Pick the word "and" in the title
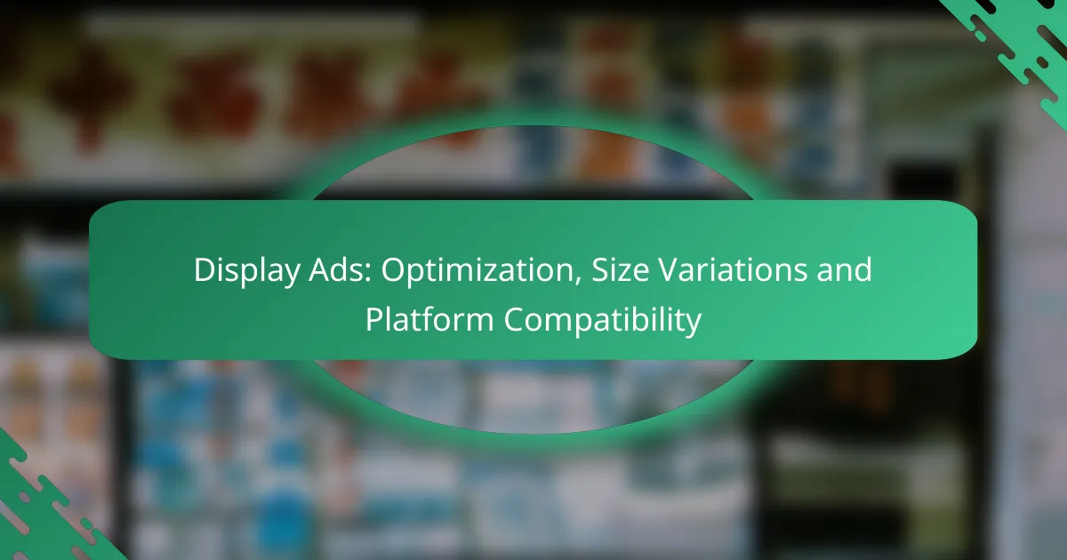[x=845, y=270]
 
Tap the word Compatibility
[x=604, y=320]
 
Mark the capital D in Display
[x=204, y=270]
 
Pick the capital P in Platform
[x=374, y=320]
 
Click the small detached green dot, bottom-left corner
[x=85, y=524]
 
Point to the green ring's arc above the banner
[x=533, y=120]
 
